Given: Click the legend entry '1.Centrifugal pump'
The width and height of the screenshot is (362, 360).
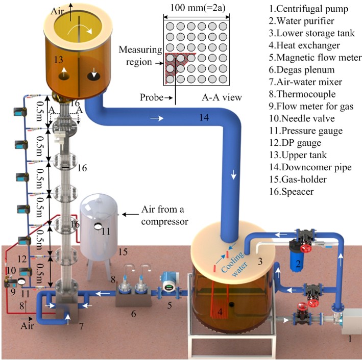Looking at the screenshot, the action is click(308, 9).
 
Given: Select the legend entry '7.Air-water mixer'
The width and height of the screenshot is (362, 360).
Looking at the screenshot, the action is click(305, 82).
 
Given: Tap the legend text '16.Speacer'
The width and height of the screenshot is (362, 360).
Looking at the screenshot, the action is click(292, 192).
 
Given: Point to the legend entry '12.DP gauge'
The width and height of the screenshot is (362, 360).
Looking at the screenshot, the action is click(295, 143).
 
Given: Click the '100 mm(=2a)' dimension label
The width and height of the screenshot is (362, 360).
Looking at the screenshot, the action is click(198, 8).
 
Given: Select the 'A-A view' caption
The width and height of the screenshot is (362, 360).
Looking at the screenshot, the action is click(222, 97).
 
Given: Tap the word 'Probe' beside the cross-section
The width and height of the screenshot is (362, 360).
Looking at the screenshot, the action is click(152, 97).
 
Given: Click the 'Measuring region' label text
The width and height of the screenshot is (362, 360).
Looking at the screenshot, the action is click(140, 56).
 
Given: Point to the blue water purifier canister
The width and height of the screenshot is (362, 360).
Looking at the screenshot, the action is click(298, 260).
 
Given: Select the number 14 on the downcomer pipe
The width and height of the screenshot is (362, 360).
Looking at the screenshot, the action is click(204, 117).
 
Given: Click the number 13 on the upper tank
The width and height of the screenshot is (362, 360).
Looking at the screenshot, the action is click(58, 60).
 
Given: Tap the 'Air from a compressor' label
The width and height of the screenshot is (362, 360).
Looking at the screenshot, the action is click(164, 215).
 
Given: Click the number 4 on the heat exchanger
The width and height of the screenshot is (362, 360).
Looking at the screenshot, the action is click(220, 312).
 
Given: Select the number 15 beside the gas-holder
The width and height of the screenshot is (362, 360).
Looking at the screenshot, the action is click(123, 252).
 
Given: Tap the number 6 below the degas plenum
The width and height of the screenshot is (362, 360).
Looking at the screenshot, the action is click(133, 314).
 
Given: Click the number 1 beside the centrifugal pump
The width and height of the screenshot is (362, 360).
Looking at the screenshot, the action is click(350, 339).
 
